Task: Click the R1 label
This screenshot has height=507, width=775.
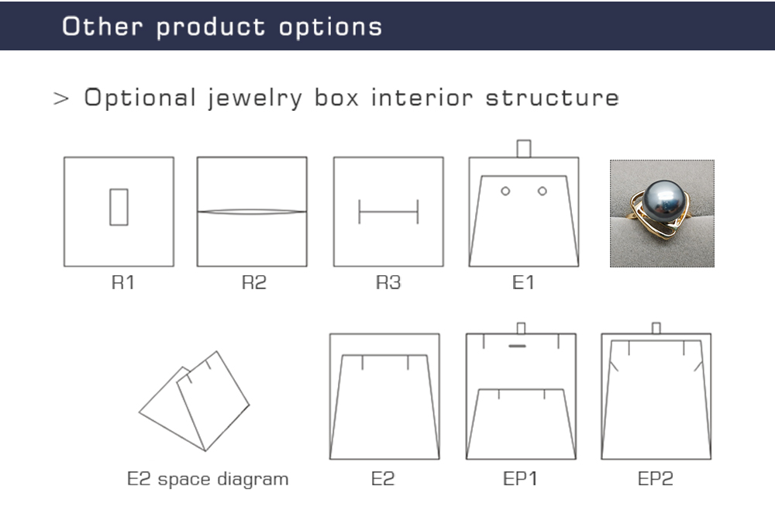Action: pos(122,282)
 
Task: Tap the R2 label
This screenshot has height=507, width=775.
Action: pos(254,282)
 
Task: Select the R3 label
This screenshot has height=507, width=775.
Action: pos(388,282)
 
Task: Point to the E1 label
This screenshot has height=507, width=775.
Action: pos(523,282)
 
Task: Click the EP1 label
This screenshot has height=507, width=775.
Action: pos(520,478)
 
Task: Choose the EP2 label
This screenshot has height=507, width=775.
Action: pos(656,478)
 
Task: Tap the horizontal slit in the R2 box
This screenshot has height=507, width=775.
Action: pos(252,212)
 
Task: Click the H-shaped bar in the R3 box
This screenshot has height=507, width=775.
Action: pos(388,212)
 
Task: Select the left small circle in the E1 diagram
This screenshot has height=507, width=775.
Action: pos(505,191)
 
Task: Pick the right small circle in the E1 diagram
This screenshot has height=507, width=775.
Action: pos(542,191)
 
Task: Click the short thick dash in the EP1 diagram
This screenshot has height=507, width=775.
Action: pos(517,346)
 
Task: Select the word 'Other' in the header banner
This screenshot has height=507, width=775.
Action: pos(102,26)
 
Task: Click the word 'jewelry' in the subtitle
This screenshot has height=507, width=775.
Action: pos(254,98)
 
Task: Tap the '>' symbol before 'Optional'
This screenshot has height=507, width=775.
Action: pos(60,98)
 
